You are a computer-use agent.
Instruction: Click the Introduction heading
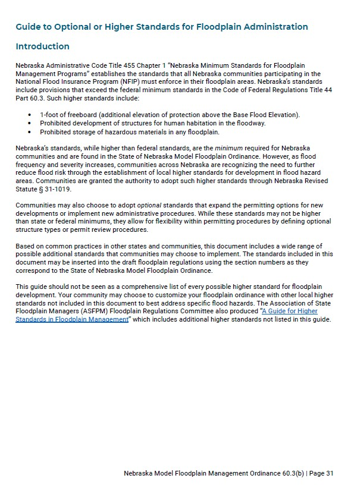pos(42,46)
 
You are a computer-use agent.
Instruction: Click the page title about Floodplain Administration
pos(162,27)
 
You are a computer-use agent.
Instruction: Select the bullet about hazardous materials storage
pos(130,132)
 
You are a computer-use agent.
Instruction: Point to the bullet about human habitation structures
pos(152,123)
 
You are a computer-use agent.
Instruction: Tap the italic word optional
pos(149,205)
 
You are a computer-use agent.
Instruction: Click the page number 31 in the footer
pos(330,473)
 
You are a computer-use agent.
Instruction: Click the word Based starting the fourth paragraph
pos(25,246)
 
